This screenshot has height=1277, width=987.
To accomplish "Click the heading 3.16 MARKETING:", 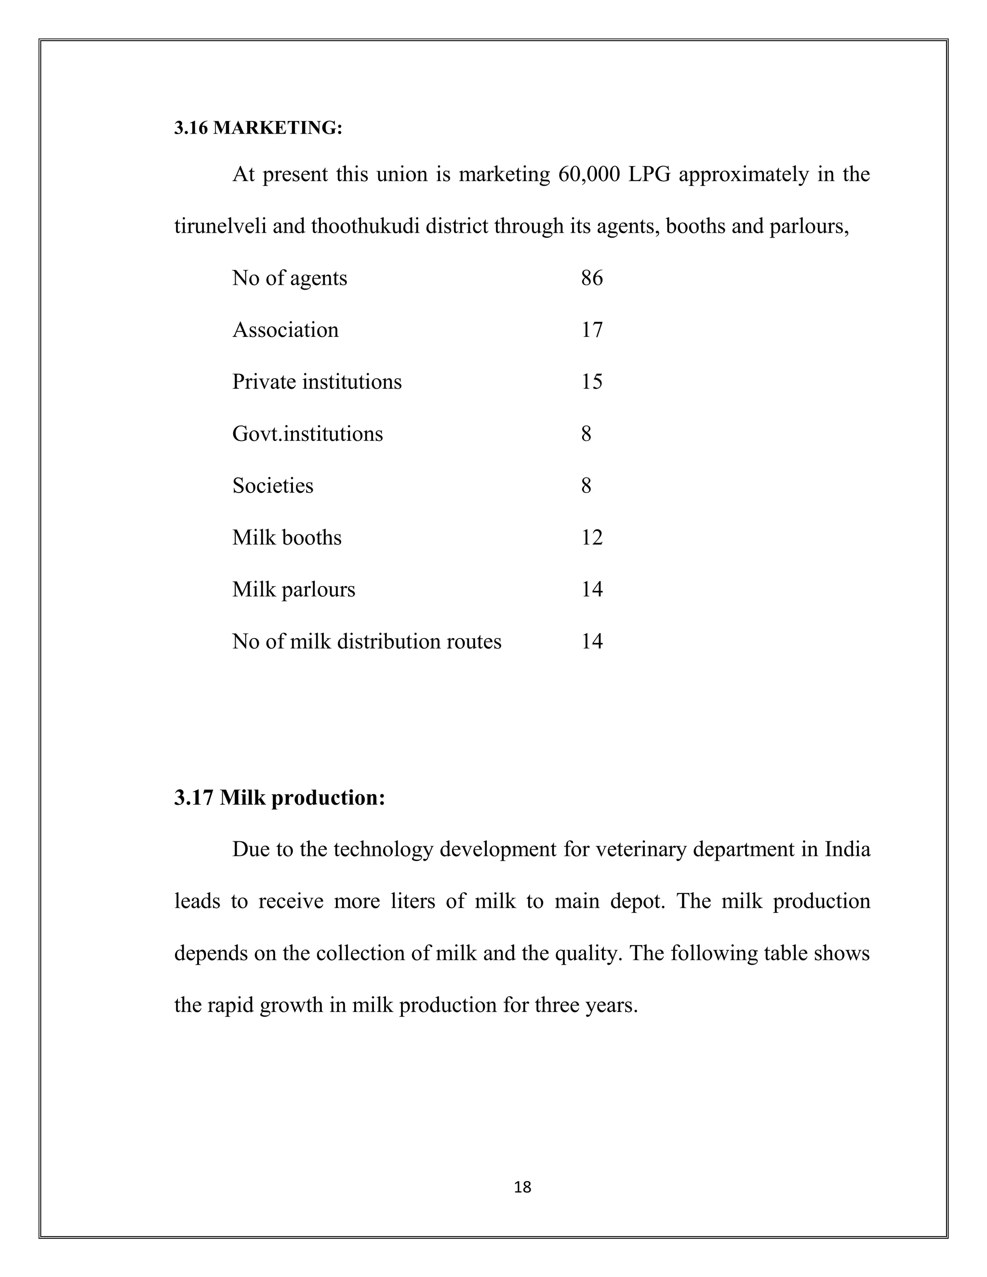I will pyautogui.click(x=258, y=128).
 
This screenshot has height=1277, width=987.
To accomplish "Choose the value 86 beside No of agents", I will pyautogui.click(x=592, y=279).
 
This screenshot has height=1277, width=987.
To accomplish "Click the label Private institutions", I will pyautogui.click(x=317, y=382).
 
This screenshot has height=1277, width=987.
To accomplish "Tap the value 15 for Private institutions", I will pyautogui.click(x=592, y=382).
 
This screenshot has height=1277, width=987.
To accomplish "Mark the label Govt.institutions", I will pyautogui.click(x=307, y=434).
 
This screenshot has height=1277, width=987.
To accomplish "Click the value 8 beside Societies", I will pyautogui.click(x=586, y=486).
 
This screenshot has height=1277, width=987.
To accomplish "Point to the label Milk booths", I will pyautogui.click(x=287, y=538).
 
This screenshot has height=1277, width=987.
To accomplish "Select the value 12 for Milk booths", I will pyautogui.click(x=592, y=538).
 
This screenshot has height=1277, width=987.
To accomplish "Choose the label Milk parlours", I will pyautogui.click(x=293, y=589).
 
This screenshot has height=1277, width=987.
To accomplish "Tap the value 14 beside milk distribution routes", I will pyautogui.click(x=592, y=641).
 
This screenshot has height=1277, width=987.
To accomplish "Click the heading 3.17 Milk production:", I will pyautogui.click(x=280, y=798).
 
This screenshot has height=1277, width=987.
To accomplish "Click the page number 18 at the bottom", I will pyautogui.click(x=522, y=1187).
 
